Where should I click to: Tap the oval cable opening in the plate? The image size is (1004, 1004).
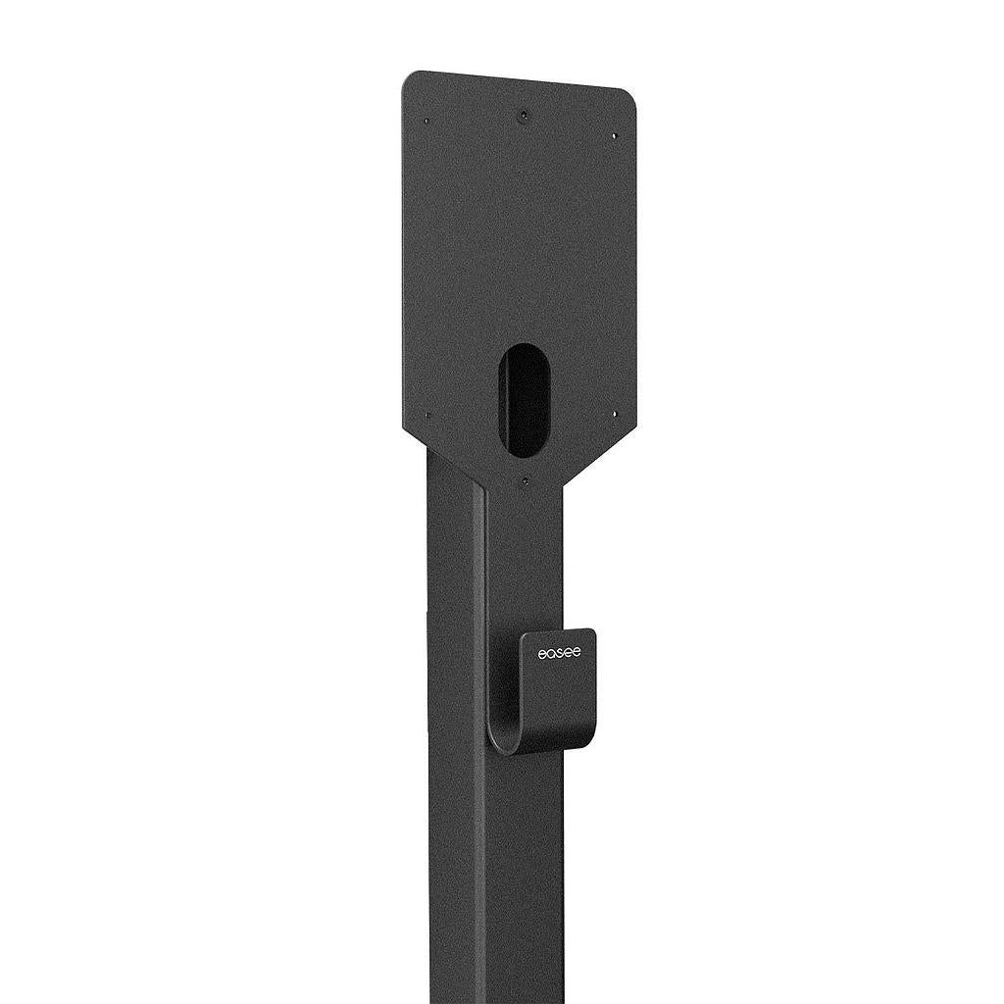click(527, 399)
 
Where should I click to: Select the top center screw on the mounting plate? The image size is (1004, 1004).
click(525, 115)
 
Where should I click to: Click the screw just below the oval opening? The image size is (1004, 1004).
click(526, 481)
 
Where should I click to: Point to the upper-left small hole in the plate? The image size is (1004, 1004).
click(427, 122)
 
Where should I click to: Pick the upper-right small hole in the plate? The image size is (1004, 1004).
click(615, 136)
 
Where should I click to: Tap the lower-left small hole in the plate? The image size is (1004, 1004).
click(427, 415)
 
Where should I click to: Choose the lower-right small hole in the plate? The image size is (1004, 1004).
click(615, 414)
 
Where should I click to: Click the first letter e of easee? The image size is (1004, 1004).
click(541, 652)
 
